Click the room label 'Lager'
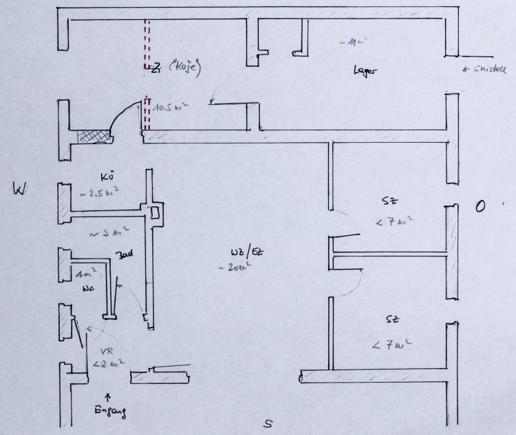point(365,70)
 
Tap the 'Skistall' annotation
point(488,70)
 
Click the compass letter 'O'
point(481,206)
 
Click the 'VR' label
point(107,350)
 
